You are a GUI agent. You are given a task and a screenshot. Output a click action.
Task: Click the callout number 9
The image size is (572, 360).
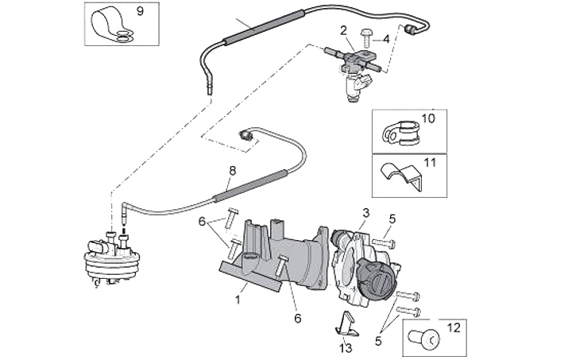coord(140,11)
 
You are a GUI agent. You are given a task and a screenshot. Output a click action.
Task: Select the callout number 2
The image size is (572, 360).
coord(344,31)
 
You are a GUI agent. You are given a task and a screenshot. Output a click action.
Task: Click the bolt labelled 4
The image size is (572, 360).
coord(367,34)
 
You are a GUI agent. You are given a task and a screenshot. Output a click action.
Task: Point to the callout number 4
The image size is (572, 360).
coord(386,38)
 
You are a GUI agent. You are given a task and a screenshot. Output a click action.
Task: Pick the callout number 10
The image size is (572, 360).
coord(428,119)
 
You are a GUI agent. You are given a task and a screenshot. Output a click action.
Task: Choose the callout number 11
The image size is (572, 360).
coord(430,163)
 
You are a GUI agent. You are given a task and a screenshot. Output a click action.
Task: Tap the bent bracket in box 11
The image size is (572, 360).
coord(399,176)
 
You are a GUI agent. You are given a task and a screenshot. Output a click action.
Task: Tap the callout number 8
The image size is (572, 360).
coord(232,171)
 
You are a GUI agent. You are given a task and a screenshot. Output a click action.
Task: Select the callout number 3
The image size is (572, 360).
coord(365,212)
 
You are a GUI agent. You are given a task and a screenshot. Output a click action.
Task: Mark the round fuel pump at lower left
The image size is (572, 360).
coord(112,258)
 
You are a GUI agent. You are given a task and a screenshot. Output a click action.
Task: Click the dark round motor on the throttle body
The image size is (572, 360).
coord(373,278)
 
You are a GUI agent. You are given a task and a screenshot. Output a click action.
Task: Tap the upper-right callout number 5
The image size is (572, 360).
coord(391,219)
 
